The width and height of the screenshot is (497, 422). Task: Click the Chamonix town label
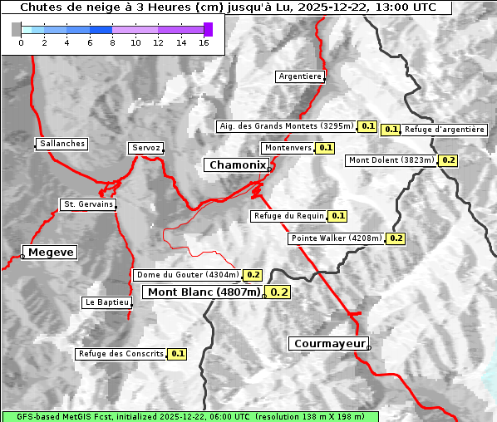pos(237,165)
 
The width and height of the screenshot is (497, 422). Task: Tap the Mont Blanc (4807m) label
pos(204,292)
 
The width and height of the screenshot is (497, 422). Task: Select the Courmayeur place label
pos(327,343)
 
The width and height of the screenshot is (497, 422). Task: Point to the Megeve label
pos(51,252)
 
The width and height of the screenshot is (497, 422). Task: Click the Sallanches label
pos(62,144)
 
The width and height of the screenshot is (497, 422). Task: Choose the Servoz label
pos(145,148)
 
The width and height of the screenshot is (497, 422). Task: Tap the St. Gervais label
pos(87,204)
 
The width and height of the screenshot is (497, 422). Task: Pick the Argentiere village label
pos(300,76)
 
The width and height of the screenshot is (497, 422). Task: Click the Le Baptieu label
pos(106,302)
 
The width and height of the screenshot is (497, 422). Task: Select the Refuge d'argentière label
pos(445,130)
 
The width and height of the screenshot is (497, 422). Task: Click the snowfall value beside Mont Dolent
pos(449,160)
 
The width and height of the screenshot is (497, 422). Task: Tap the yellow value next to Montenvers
pos(326,148)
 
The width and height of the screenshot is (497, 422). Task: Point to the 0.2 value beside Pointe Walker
pos(396,238)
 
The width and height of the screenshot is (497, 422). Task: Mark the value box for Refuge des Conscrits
pos(177,354)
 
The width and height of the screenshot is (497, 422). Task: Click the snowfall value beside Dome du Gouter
pos(253,275)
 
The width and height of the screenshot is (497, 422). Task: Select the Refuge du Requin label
pos(288,216)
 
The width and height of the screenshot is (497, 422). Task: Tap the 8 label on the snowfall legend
pos(112,42)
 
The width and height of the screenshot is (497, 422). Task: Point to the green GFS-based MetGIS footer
pos(189,416)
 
